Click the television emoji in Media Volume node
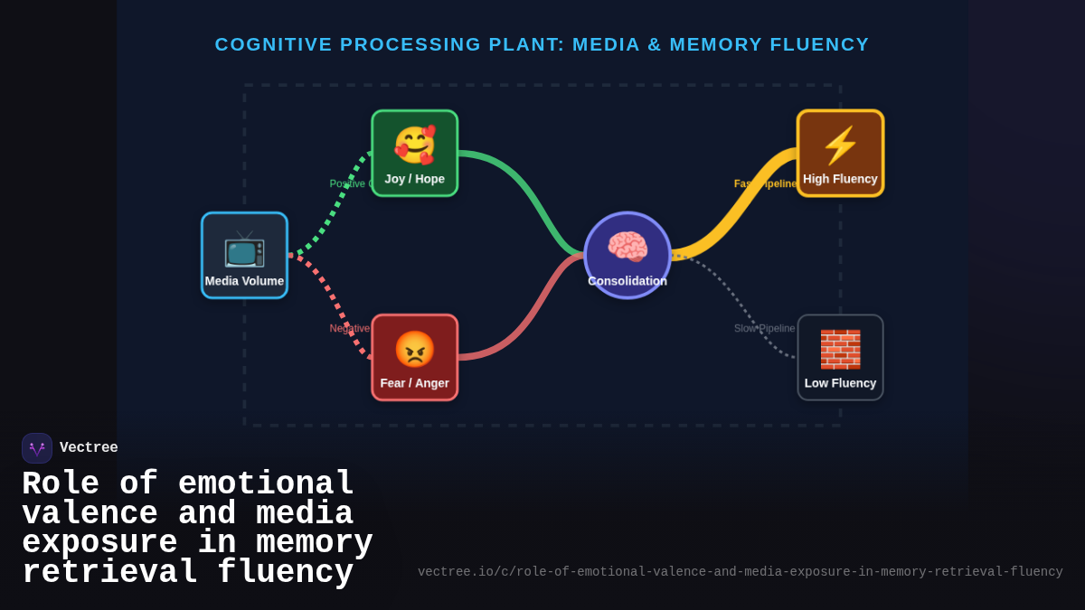[244, 249]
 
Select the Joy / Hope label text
[414, 179]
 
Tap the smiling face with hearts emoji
[414, 145]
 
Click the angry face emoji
[414, 350]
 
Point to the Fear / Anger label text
[414, 383]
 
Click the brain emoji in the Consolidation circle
[627, 247]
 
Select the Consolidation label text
[627, 281]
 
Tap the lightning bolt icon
[840, 145]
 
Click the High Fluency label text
[840, 179]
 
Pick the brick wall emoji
[840, 350]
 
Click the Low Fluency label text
[840, 383]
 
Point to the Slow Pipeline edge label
[764, 329]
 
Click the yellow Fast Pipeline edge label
[765, 183]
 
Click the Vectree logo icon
[37, 448]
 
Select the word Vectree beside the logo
[89, 448]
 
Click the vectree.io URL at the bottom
[740, 572]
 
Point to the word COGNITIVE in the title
[272, 44]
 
